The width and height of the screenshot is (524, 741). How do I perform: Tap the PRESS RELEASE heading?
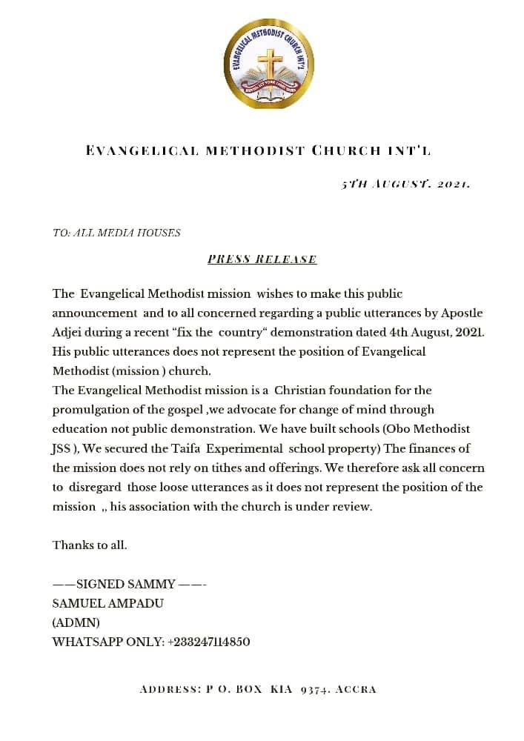(262, 259)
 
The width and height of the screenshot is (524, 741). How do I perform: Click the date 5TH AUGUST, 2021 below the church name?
(405, 184)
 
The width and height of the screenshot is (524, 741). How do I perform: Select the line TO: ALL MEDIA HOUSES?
(116, 233)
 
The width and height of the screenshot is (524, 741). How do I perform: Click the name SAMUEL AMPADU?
(108, 603)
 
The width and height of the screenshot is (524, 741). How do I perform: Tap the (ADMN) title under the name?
(76, 622)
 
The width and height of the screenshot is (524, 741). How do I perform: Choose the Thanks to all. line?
(90, 545)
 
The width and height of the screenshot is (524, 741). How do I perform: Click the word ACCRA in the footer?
(356, 690)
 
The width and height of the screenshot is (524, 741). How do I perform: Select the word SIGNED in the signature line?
(100, 584)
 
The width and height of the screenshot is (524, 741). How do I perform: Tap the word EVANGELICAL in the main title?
(142, 151)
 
